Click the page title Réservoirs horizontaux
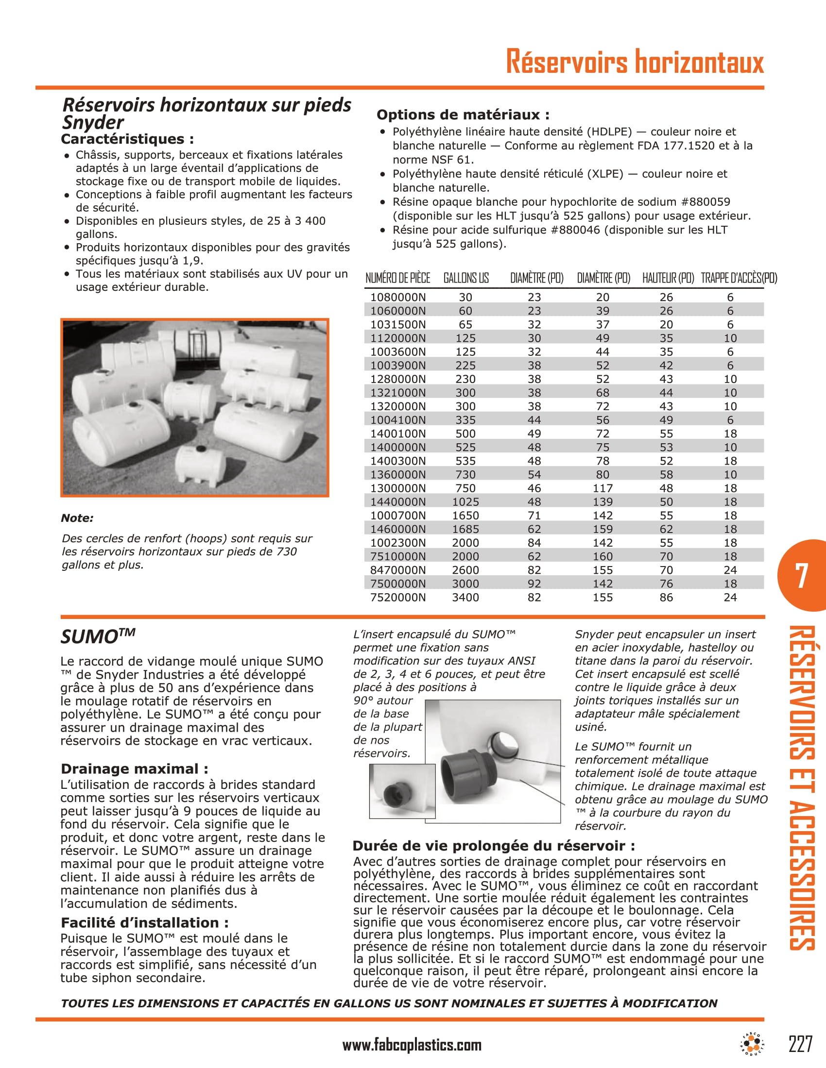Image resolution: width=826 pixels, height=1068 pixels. [634, 62]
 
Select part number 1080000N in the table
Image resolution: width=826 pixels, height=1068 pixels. [398, 297]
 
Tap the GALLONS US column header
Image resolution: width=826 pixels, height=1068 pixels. [466, 278]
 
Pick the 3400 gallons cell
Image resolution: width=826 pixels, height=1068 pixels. [465, 598]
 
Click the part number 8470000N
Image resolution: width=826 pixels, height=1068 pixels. [398, 570]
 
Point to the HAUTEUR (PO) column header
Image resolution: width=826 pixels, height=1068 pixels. [668, 278]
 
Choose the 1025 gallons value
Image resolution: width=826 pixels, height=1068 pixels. [465, 502]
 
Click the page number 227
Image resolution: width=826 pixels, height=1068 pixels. [801, 1044]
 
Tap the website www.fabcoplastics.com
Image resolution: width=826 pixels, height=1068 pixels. [412, 1045]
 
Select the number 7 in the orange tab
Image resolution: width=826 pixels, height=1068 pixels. [801, 576]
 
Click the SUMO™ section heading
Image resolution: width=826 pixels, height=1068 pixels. [97, 636]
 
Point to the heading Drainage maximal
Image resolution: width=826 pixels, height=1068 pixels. [134, 769]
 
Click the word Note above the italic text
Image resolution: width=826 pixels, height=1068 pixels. [77, 518]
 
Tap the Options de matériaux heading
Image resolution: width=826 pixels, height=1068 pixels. [463, 115]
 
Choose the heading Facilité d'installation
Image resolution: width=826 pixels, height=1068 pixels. [144, 923]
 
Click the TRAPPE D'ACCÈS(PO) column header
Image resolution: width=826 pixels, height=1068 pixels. [739, 278]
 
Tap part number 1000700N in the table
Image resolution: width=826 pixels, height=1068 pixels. [398, 516]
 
